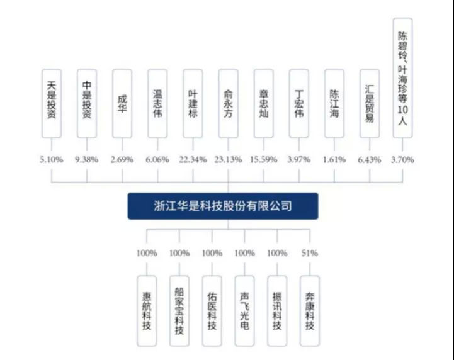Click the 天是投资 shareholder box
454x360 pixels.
[52, 103]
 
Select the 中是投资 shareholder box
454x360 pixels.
[87, 103]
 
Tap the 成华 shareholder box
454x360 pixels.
[122, 103]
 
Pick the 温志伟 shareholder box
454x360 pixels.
[157, 103]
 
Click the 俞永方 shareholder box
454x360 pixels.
[229, 103]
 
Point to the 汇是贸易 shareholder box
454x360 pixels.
[370, 103]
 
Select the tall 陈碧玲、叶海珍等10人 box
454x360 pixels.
[403, 78]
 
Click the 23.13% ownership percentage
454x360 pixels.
[228, 159]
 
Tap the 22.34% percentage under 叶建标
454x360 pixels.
[193, 159]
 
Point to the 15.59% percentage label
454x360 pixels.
[263, 159]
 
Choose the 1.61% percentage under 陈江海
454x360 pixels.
[334, 159]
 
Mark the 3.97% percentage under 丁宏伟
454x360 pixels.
[299, 159]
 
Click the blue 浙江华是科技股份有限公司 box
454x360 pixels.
[223, 206]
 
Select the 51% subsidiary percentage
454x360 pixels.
[310, 253]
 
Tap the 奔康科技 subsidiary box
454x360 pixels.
[310, 311]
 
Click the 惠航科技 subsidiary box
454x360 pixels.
[147, 311]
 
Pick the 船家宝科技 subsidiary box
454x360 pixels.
[179, 311]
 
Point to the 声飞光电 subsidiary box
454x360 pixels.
[245, 311]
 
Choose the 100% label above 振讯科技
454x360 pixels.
[277, 253]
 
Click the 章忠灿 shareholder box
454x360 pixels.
[264, 103]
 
